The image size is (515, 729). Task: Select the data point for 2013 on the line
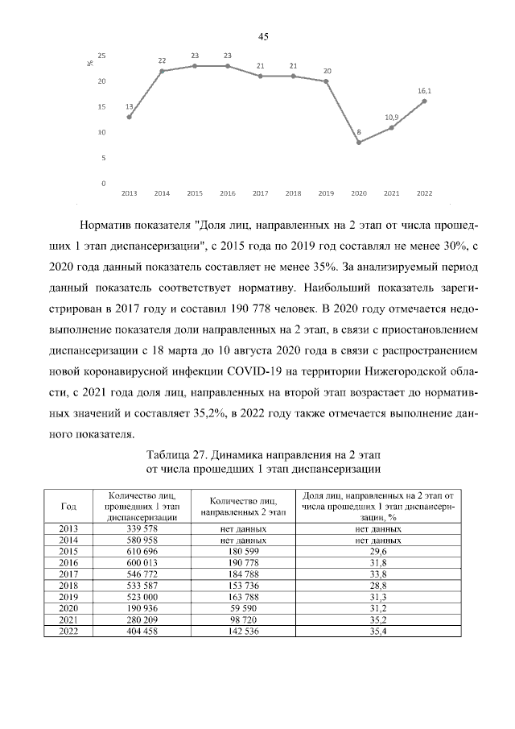[130, 117]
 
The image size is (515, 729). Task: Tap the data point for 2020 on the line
[359, 143]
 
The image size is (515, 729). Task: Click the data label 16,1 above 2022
[424, 92]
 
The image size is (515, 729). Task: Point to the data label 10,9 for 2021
[391, 118]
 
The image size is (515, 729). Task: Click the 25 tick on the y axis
[102, 56]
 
